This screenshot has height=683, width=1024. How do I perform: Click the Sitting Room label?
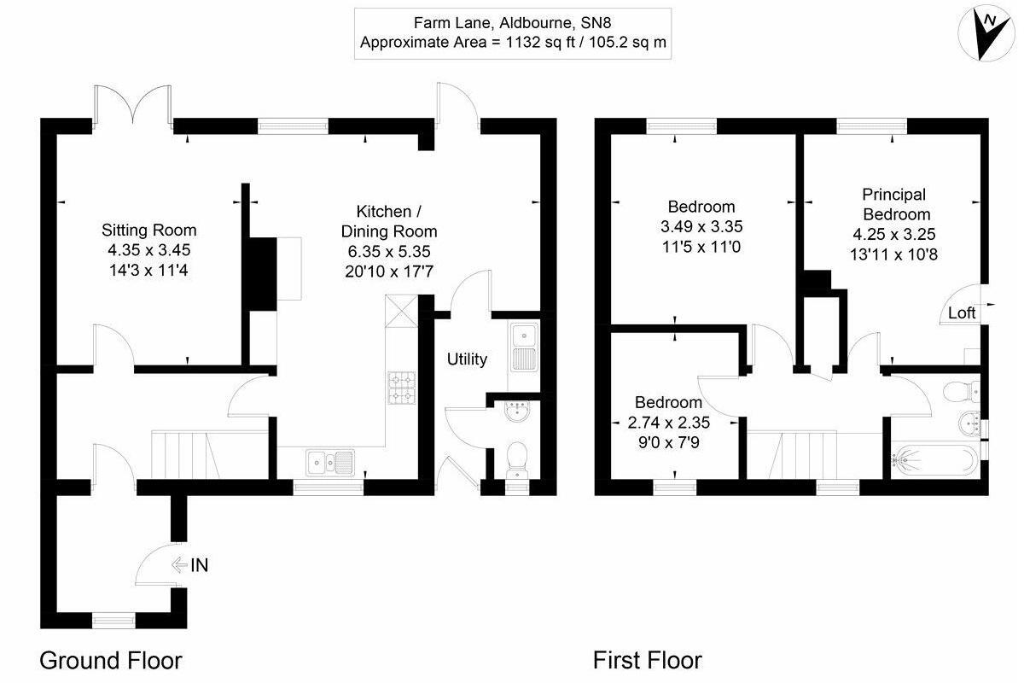click(149, 230)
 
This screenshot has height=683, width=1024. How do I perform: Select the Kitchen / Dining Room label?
click(389, 221)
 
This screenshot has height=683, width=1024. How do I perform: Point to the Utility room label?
click(467, 359)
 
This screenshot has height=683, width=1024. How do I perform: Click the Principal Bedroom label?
click(893, 204)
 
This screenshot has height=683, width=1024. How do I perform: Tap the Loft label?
click(962, 313)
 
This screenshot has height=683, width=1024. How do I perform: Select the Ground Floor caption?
click(111, 660)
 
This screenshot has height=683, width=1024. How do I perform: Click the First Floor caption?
click(648, 660)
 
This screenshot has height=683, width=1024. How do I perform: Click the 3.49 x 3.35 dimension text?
click(701, 226)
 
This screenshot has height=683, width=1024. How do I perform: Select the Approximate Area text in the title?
click(513, 42)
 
